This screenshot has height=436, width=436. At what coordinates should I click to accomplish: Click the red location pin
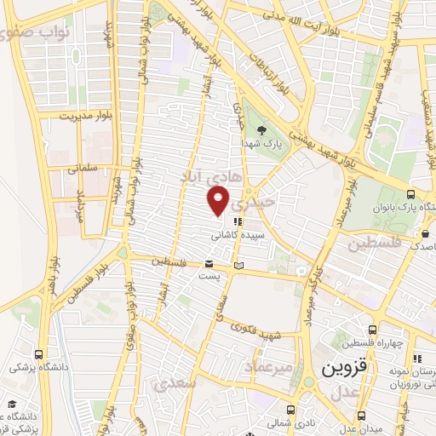(219, 201)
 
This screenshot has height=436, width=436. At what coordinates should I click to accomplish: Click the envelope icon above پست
(209, 264)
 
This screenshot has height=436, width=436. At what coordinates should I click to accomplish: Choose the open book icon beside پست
(239, 267)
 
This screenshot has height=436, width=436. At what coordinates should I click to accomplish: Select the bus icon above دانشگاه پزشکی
(38, 354)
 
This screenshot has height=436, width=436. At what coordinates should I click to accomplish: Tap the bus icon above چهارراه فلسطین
(372, 330)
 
